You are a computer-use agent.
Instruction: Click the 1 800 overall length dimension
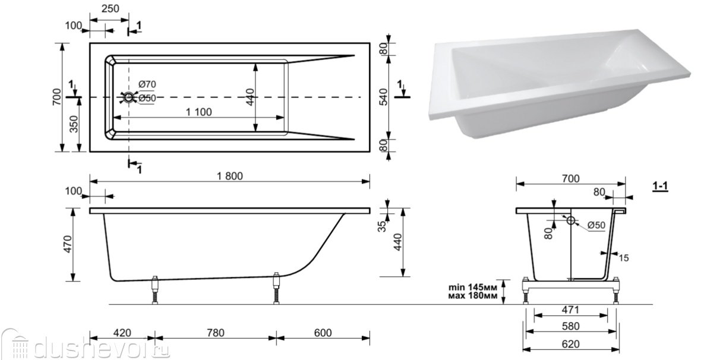tap(230, 176)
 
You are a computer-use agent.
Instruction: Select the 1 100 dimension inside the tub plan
tap(198, 112)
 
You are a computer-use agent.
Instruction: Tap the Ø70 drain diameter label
tap(147, 84)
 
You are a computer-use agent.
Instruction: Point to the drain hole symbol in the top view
tap(129, 97)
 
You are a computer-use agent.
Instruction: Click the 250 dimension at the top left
tap(109, 8)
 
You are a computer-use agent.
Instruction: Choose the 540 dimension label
tap(383, 97)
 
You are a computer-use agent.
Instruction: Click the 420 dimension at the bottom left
tap(122, 333)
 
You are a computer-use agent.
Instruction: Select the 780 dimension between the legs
tap(216, 333)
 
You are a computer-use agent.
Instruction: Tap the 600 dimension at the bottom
tap(323, 333)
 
